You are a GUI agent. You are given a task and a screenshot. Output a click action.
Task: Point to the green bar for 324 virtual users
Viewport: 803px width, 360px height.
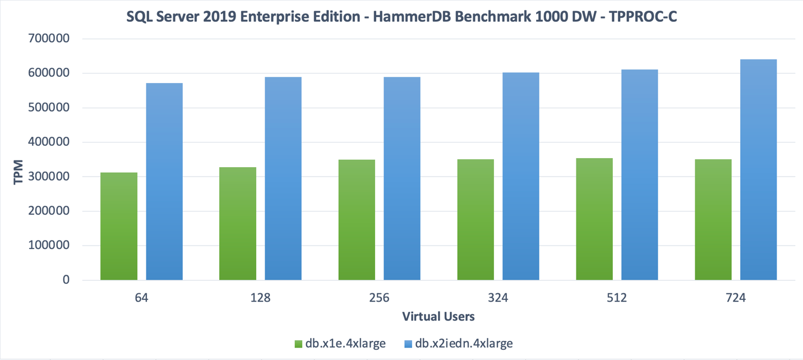pos(476,219)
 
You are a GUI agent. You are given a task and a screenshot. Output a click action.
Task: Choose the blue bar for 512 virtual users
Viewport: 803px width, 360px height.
pos(640,174)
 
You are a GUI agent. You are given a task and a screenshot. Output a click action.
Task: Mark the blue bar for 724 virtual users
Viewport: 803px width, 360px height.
pos(758,169)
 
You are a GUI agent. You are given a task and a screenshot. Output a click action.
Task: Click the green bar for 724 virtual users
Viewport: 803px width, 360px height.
pos(713,219)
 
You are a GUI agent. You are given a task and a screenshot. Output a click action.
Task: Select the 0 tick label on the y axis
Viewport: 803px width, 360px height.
pos(66,280)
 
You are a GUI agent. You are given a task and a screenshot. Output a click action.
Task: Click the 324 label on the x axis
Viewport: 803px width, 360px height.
pos(498,298)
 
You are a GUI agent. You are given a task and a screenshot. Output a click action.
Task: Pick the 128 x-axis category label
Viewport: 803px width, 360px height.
pos(261,298)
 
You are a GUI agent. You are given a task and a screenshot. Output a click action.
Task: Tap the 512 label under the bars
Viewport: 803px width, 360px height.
pos(617,298)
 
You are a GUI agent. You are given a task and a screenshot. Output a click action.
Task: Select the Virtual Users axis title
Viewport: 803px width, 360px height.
pos(439,317)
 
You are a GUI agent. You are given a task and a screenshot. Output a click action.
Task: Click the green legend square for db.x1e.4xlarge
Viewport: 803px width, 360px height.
pos(298,344)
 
